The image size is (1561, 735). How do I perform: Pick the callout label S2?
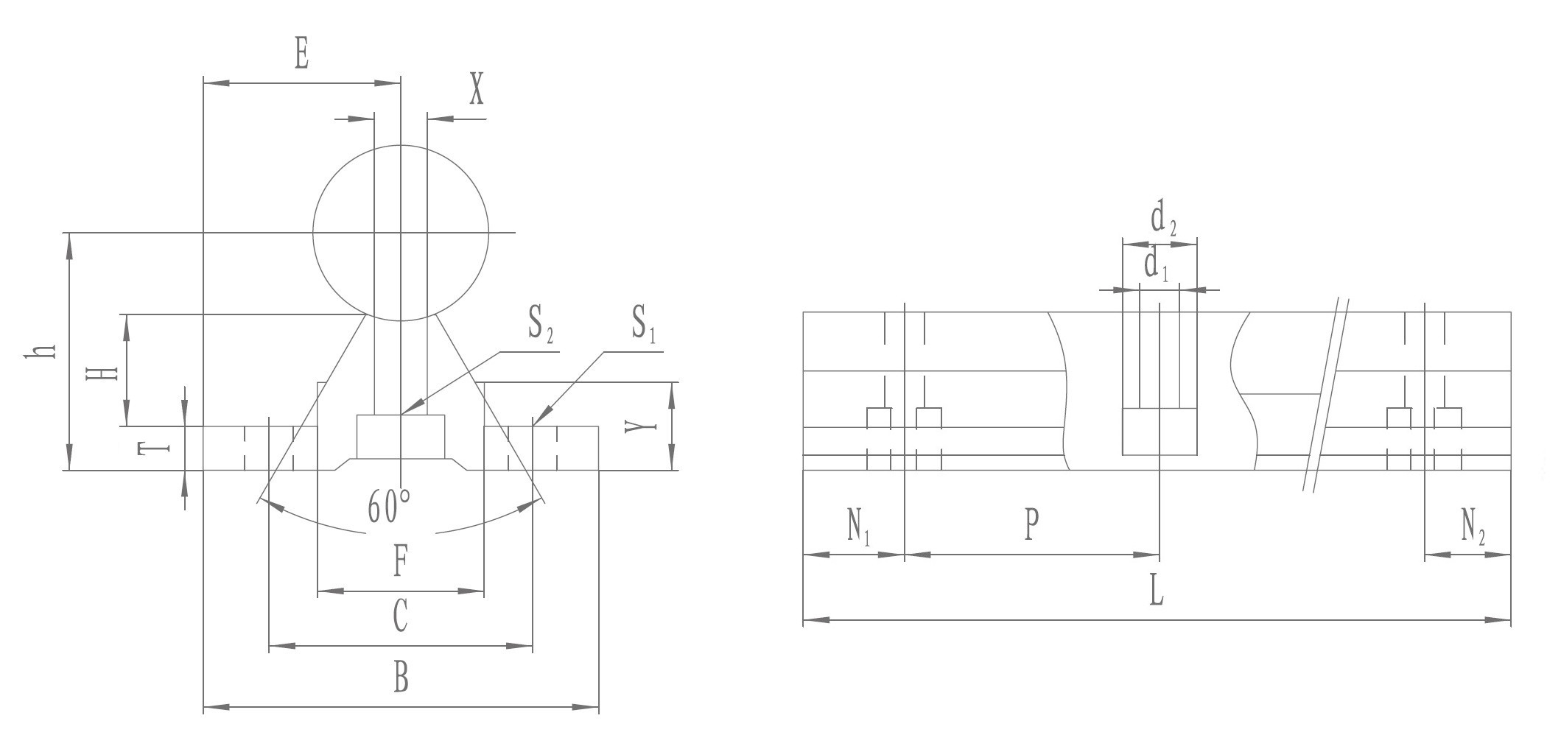[x=540, y=325]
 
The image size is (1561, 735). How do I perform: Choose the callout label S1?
[x=643, y=325]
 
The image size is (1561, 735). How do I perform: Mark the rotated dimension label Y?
[x=639, y=426]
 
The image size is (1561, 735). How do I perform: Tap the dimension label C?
[x=400, y=616]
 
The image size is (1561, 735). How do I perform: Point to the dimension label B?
[x=401, y=677]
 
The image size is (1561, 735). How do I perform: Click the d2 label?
[x=1163, y=220]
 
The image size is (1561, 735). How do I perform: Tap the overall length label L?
[x=1157, y=590]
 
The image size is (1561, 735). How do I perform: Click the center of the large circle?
[x=401, y=233]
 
